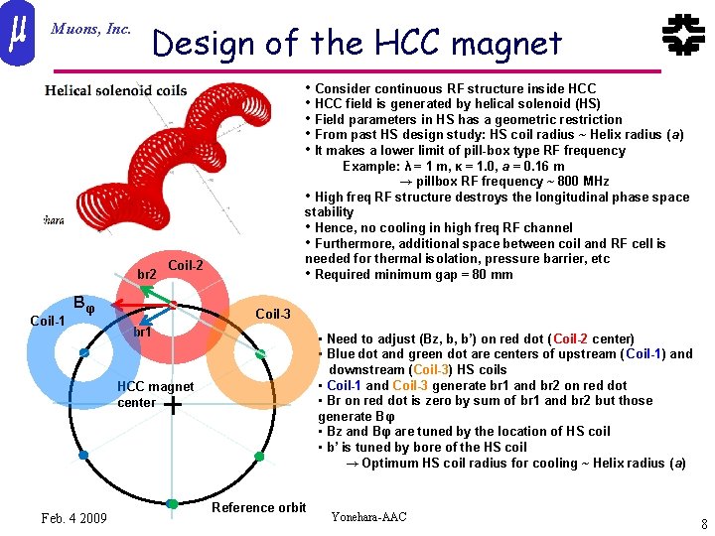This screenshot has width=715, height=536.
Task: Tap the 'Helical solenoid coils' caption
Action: click(x=115, y=90)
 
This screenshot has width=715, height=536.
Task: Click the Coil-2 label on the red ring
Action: click(x=186, y=265)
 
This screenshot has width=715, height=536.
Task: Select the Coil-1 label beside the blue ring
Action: click(x=48, y=321)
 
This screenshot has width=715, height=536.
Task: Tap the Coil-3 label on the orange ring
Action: click(x=273, y=315)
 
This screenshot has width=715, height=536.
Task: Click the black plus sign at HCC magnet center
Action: click(x=173, y=405)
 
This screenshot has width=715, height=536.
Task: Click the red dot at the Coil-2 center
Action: click(x=172, y=304)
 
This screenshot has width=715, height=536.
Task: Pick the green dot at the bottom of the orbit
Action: click(x=172, y=504)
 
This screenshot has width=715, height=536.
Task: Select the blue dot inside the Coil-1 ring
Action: click(x=84, y=353)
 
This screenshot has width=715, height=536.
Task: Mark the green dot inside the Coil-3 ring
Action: click(x=260, y=352)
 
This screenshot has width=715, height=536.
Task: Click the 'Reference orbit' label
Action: click(x=259, y=507)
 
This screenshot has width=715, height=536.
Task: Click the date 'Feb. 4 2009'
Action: click(x=74, y=518)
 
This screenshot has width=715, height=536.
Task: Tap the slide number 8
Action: click(x=703, y=524)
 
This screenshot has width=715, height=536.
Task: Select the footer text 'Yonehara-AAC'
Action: click(x=368, y=517)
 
